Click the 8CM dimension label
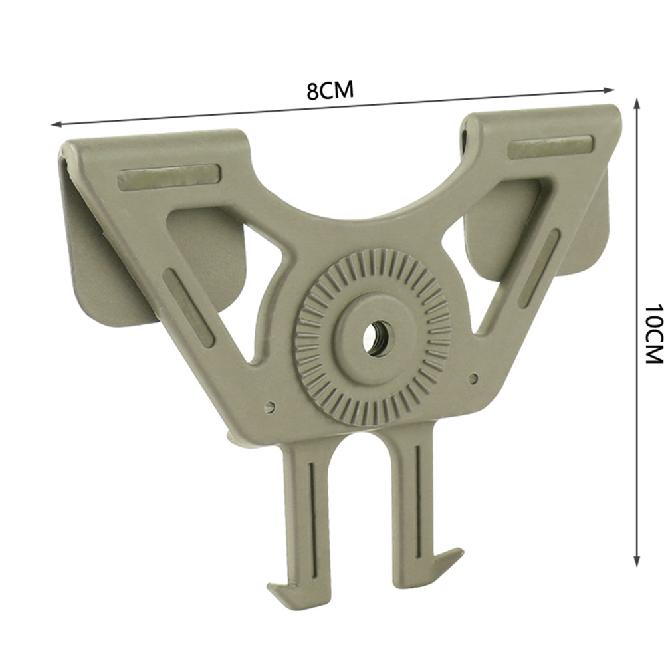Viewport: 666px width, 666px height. [330, 90]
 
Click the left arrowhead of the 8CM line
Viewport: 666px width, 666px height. [56, 124]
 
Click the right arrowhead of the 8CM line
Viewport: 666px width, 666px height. [610, 90]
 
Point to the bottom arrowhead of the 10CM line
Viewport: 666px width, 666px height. [636, 561]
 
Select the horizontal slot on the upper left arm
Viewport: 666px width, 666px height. [169, 176]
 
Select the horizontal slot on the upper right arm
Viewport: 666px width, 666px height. [550, 146]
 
